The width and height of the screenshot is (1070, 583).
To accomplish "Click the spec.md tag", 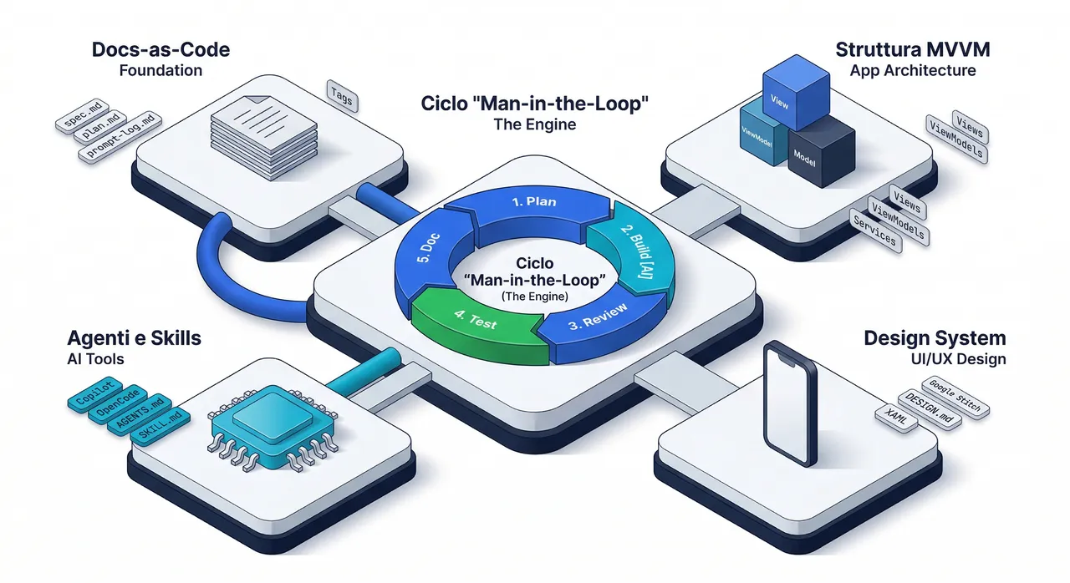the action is [83, 116].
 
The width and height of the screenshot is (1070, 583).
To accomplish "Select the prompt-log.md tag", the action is [120, 139].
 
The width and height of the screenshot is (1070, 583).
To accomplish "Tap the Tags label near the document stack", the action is [342, 96].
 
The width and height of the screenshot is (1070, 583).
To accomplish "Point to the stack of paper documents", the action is [264, 138].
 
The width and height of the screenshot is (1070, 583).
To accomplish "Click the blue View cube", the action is [796, 92].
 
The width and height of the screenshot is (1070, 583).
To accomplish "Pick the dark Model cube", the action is [821, 152].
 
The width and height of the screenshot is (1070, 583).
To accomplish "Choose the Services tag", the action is [875, 231].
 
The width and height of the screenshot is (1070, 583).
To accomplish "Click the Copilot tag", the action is [95, 394].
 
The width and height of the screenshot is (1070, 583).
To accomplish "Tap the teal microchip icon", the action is [273, 428].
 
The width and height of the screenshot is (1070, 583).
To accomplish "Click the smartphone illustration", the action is [790, 403].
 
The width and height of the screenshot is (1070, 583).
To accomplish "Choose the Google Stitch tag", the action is [955, 398].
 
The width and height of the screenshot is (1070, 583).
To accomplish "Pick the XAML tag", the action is [896, 418].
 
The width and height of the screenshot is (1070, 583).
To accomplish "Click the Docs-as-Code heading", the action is [161, 49].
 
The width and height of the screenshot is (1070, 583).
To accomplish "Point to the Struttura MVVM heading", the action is [913, 49].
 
